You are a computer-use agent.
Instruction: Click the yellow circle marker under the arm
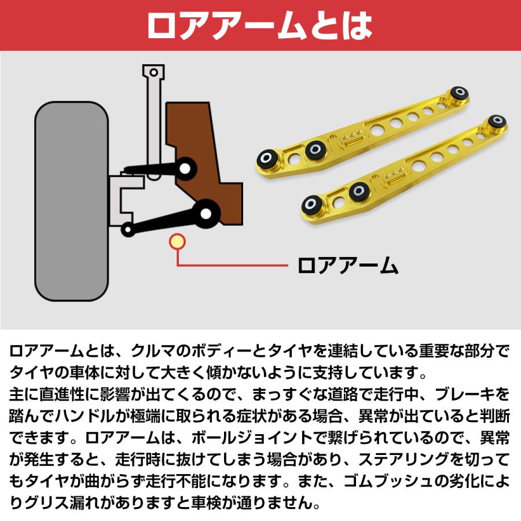pos(177,241)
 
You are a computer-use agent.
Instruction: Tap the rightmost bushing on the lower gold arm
pos(496,122)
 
